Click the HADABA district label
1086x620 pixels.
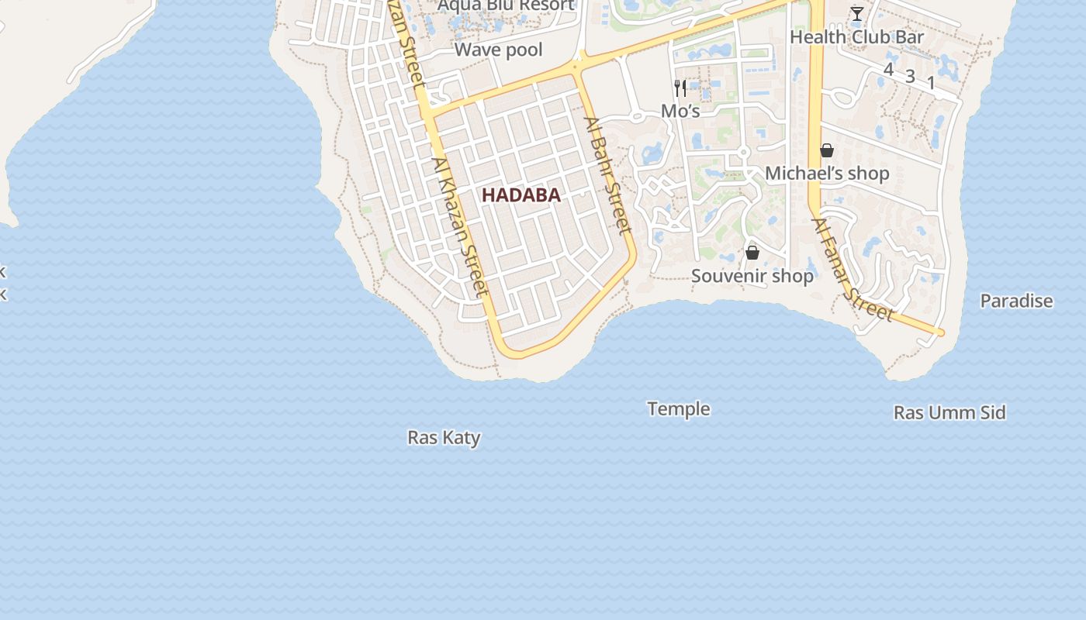point(521,195)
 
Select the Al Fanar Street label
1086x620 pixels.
point(853,270)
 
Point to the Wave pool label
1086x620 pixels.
point(498,50)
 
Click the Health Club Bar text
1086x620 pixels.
point(856,37)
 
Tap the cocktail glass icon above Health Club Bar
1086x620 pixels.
point(856,14)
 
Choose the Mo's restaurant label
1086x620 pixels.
point(680,112)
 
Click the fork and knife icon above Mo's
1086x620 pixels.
point(680,88)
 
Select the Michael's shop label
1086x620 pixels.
point(827,174)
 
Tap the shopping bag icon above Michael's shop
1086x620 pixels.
point(827,150)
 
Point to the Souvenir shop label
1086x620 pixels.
point(752,276)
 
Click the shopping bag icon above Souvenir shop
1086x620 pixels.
point(752,253)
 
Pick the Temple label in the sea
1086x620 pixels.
point(679,408)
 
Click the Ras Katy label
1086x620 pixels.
point(444,438)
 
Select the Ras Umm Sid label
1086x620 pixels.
point(949,412)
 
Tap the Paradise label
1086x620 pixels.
point(1016,301)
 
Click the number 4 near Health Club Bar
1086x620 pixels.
point(888,70)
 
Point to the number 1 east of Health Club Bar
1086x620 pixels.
point(931,83)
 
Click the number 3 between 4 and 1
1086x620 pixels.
point(910,77)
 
